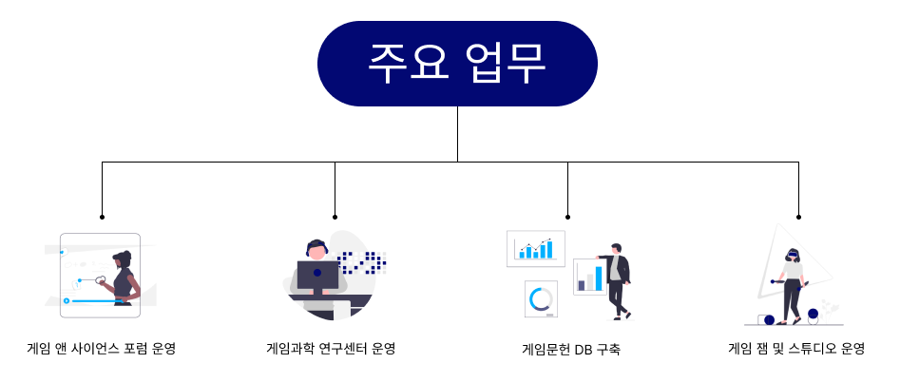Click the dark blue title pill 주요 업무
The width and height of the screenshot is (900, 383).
(457, 64)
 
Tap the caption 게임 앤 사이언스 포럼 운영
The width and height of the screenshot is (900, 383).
(102, 348)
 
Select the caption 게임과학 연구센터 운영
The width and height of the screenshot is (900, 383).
(331, 348)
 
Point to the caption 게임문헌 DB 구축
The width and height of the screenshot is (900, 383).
(571, 349)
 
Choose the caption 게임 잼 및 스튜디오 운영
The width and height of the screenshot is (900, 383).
(796, 348)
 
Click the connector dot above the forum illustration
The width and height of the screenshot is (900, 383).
(103, 217)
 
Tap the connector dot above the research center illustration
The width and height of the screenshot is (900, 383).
(335, 217)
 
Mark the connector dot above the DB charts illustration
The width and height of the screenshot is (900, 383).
(567, 217)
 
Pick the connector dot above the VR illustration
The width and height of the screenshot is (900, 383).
(798, 217)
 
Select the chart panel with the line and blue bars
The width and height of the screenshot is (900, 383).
(535, 249)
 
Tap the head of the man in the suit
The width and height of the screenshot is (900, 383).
(616, 248)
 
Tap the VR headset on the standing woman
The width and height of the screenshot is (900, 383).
(791, 253)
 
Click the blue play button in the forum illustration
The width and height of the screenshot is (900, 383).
(67, 300)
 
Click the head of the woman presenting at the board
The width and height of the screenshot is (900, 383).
(123, 259)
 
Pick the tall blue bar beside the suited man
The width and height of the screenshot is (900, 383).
(599, 278)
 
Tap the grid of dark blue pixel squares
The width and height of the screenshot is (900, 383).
(362, 262)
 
